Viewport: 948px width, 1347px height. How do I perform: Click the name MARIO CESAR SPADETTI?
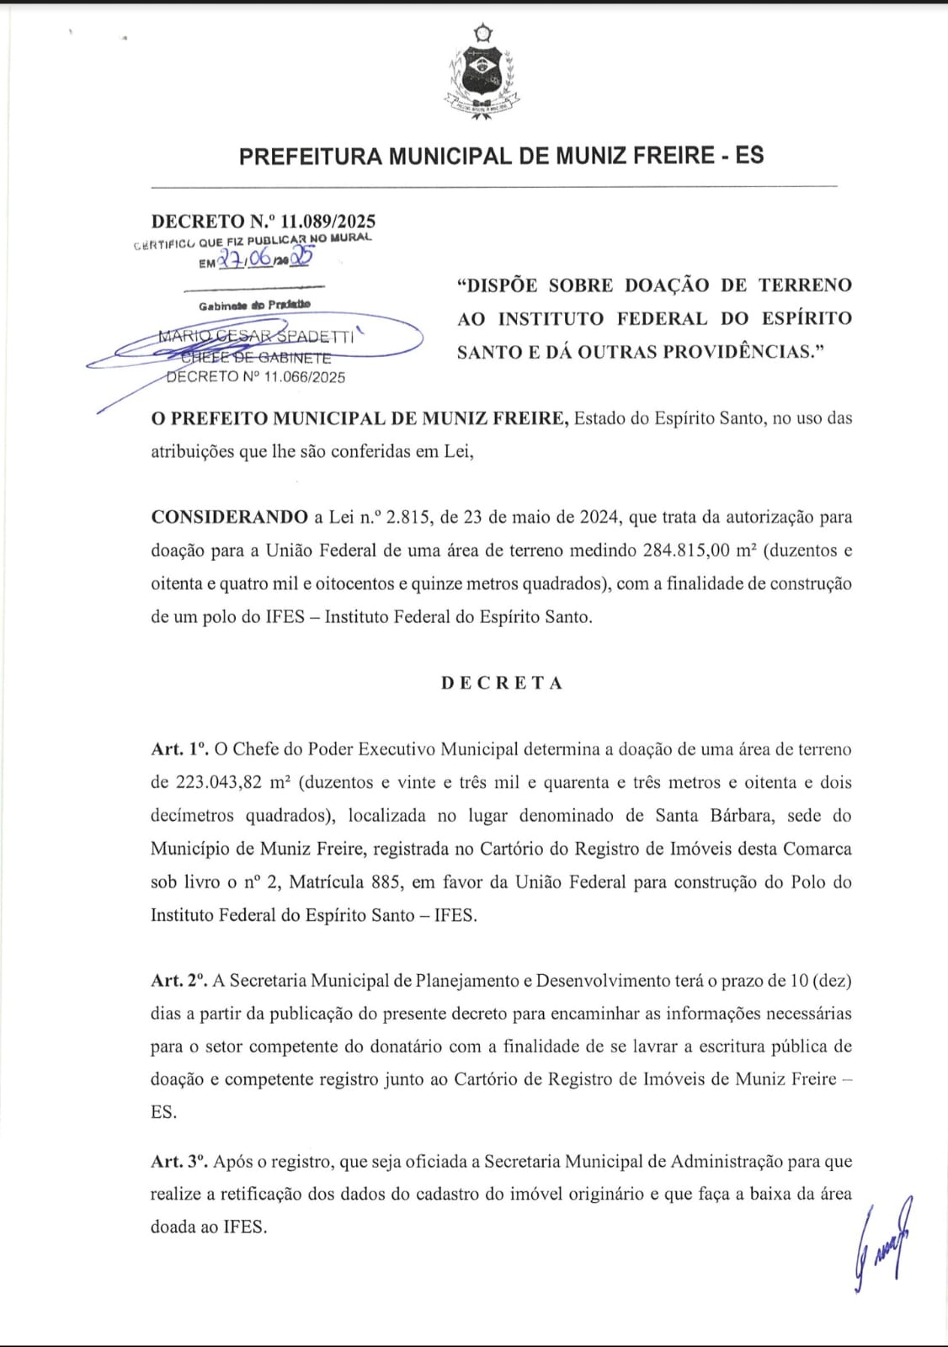256,336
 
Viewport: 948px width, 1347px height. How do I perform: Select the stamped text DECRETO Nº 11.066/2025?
256,377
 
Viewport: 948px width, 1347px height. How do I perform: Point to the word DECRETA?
502,683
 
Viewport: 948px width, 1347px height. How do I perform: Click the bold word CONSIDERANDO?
229,517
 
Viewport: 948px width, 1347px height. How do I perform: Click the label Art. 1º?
178,749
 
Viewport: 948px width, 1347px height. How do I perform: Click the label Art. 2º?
178,981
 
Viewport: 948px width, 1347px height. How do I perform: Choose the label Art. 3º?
178,1162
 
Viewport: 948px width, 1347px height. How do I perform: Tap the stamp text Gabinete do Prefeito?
254,305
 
